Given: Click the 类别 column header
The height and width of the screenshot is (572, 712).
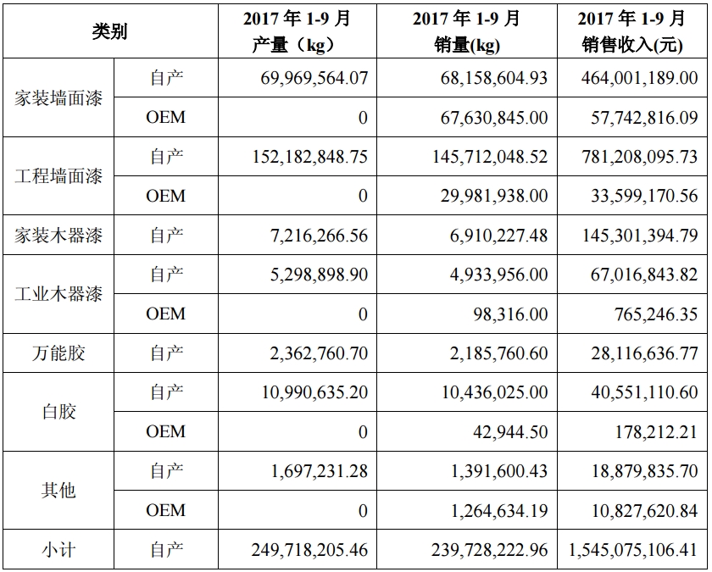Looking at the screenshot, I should click(x=109, y=31).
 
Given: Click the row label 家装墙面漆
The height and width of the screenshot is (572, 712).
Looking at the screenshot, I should click(x=58, y=97).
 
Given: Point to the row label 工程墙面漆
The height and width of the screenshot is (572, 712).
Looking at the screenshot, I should click(x=58, y=176).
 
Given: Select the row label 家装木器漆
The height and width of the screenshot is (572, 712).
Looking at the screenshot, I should click(x=58, y=236).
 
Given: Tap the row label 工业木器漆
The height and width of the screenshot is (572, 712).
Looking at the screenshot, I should click(x=58, y=294).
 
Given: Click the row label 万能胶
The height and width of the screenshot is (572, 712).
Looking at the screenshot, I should click(x=58, y=353).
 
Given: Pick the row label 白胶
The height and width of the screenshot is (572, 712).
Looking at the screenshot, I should click(x=58, y=412).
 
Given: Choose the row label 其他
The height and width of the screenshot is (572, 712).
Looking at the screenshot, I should click(x=58, y=491).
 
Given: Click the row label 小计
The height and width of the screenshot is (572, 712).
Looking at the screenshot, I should click(x=58, y=550).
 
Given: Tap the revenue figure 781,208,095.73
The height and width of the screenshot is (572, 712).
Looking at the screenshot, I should click(x=640, y=157).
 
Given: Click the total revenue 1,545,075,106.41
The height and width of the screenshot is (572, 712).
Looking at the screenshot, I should click(x=634, y=550).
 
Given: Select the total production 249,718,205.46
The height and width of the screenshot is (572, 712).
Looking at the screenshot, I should click(x=309, y=550).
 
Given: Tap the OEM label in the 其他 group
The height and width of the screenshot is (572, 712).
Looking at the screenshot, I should click(x=165, y=510).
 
